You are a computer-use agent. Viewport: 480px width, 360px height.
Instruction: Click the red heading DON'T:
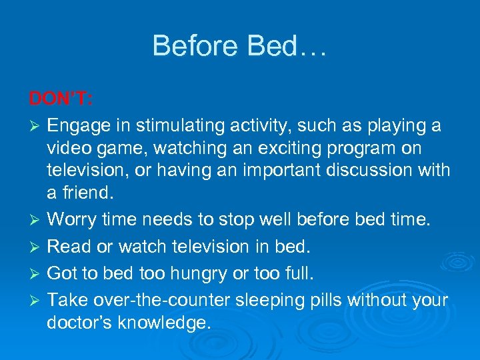61,99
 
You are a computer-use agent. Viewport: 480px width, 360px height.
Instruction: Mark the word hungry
218,274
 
